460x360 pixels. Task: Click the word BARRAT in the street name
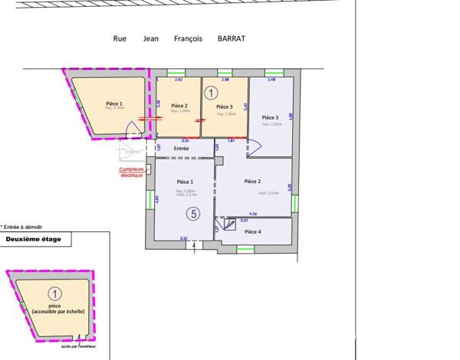(232, 39)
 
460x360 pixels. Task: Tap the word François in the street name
(188, 39)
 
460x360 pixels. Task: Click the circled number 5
(195, 214)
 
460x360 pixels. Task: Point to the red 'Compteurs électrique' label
(132, 172)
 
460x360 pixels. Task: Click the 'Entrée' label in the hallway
(182, 148)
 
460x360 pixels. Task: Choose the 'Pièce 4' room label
(252, 231)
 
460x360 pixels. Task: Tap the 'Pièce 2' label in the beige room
(179, 106)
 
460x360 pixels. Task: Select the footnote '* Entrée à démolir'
(22, 227)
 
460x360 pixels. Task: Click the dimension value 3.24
(185, 141)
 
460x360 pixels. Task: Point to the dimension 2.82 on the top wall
(179, 80)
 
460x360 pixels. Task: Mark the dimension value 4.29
(253, 214)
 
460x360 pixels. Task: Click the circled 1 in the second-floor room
(54, 293)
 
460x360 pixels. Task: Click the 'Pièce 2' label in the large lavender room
(253, 181)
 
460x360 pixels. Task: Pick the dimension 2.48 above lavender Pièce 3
(271, 80)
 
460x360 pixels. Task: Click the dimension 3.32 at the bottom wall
(184, 239)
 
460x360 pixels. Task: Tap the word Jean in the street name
(150, 39)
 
